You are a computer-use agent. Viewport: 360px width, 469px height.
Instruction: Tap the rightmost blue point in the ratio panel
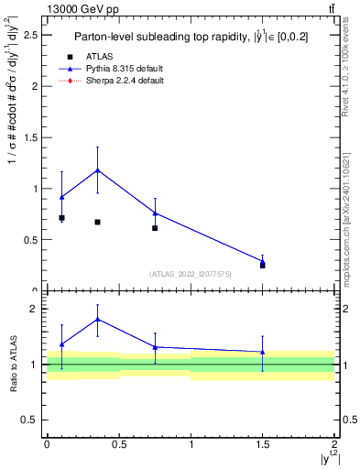(x=263, y=352)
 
